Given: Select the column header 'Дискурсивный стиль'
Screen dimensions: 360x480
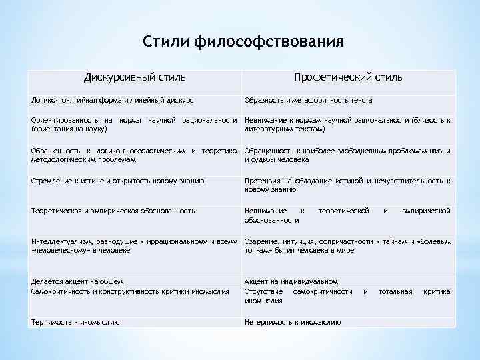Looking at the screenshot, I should pyautogui.click(x=135, y=78).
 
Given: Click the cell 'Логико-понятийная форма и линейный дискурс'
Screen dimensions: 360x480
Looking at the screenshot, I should pyautogui.click(x=113, y=100).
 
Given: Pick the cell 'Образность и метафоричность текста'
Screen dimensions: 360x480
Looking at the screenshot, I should pyautogui.click(x=308, y=100).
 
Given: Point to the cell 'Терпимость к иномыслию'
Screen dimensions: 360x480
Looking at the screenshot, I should pyautogui.click(x=75, y=322).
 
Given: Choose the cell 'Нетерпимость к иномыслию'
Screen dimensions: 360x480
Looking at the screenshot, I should pyautogui.click(x=293, y=322).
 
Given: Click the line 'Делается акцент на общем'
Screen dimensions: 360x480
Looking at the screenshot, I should pyautogui.click(x=77, y=282).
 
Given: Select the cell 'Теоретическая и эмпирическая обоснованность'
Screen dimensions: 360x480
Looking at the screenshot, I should pyautogui.click(x=113, y=211).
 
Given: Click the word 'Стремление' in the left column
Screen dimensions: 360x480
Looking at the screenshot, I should pyautogui.click(x=50, y=181).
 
